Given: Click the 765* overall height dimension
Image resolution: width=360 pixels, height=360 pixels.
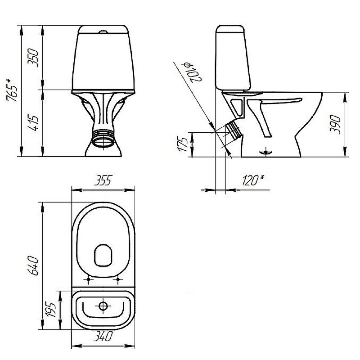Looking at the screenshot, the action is pyautogui.click(x=12, y=90).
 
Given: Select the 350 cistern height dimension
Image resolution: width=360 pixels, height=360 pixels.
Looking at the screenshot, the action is pyautogui.click(x=33, y=58).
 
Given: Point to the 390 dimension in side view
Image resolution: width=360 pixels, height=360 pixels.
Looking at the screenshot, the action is pyautogui.click(x=335, y=125).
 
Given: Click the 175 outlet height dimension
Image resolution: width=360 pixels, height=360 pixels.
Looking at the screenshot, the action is pyautogui.click(x=183, y=144).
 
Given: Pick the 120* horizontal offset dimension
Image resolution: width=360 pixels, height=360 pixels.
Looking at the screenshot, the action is pyautogui.click(x=253, y=180).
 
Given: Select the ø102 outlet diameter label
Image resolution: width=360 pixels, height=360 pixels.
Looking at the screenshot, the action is pyautogui.click(x=192, y=72).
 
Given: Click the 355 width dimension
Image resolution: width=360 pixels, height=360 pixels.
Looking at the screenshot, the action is pyautogui.click(x=103, y=180).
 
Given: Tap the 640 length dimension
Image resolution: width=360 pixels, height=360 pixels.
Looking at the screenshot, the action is pyautogui.click(x=33, y=265).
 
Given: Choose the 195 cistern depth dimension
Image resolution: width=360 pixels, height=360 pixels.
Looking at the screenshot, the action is pyautogui.click(x=50, y=310).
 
